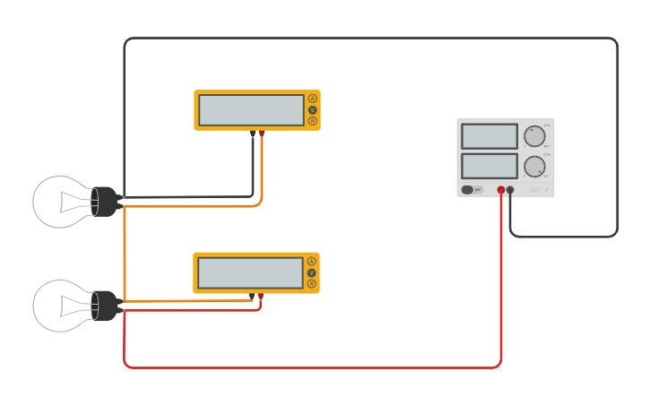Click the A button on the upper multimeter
click(x=312, y=99)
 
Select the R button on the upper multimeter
click(x=312, y=121)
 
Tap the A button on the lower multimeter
click(x=311, y=262)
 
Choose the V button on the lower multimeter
click(x=311, y=272)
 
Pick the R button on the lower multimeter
click(x=311, y=283)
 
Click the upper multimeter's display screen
click(x=251, y=110)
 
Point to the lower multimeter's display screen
click(x=250, y=272)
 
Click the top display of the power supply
click(x=490, y=136)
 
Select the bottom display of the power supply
click(x=490, y=166)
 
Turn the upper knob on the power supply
click(x=535, y=136)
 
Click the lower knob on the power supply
click(x=535, y=166)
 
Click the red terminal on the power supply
click(x=501, y=190)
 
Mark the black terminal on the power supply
click(x=510, y=190)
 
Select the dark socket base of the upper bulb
click(x=104, y=202)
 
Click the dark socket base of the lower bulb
click(x=104, y=306)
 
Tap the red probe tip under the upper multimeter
click(x=262, y=134)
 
